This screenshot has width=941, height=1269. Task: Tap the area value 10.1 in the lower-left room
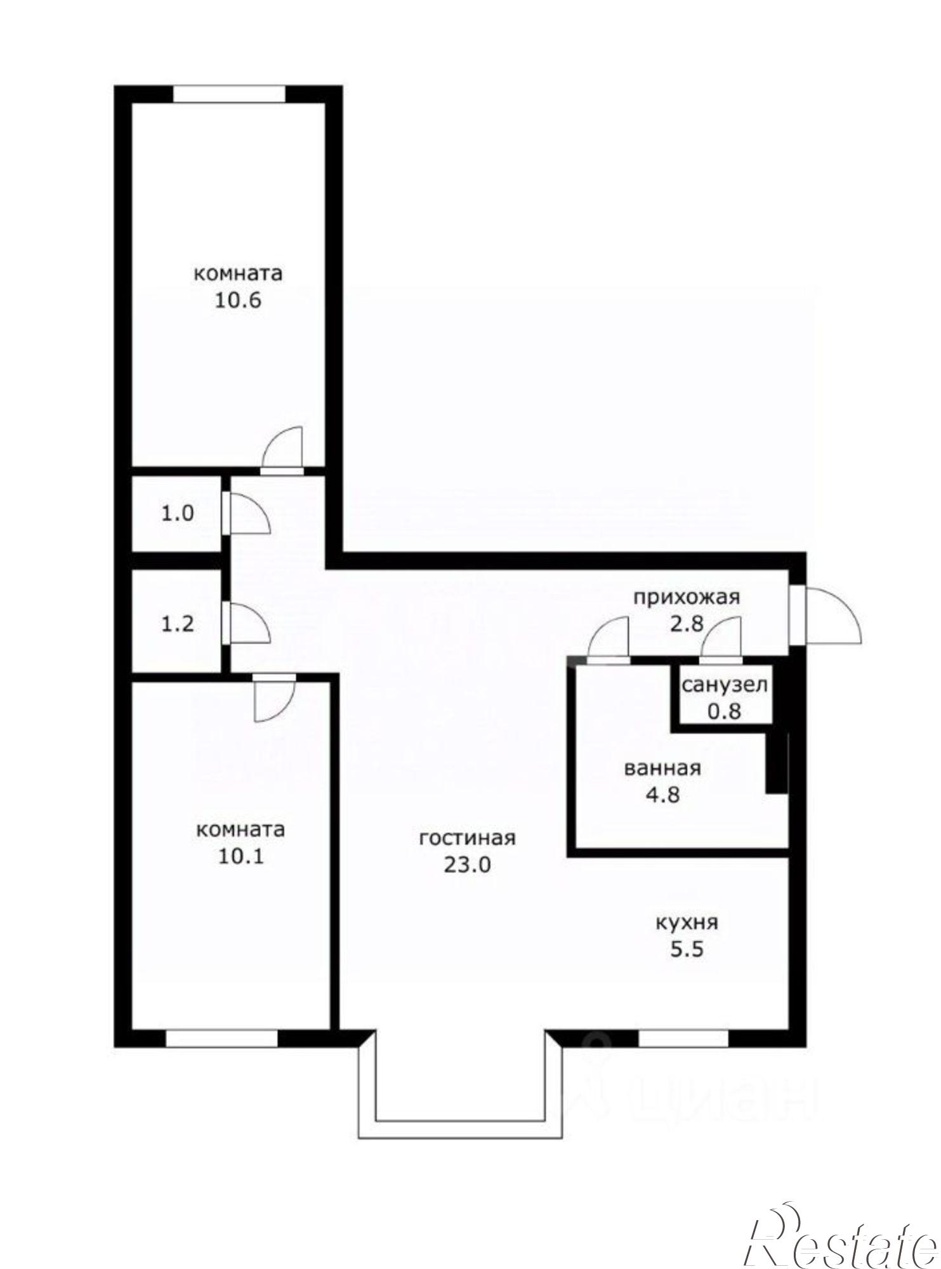[240, 857]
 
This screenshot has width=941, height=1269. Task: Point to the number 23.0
[468, 865]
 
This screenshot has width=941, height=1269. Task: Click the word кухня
[687, 922]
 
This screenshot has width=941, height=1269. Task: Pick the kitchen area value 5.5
[687, 950]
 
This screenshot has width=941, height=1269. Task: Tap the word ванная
[662, 768]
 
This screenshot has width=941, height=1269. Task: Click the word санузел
[725, 685]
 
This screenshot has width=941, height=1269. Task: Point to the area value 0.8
[725, 711]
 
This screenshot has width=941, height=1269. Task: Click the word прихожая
[687, 596]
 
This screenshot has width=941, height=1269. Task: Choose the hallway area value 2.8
[687, 624]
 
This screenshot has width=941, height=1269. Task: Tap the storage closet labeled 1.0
[177, 513]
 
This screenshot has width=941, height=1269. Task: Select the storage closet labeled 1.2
[177, 624]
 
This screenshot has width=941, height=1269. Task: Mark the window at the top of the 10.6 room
[229, 94]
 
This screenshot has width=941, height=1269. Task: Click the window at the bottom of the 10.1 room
[221, 1038]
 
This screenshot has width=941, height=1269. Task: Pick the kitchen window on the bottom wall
[683, 1038]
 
